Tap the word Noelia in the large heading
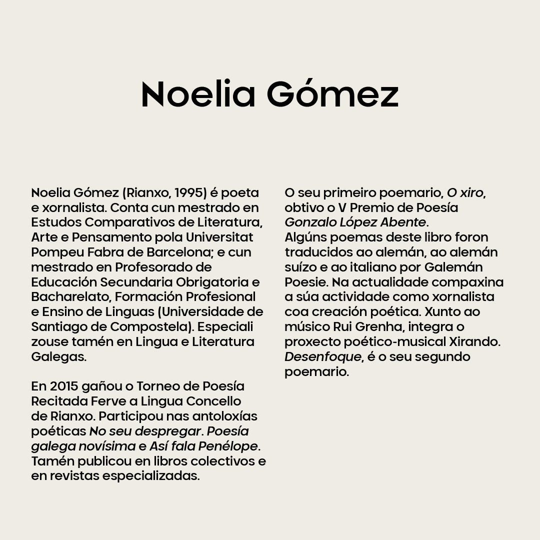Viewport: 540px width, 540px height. (198, 94)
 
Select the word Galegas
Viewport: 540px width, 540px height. (58, 357)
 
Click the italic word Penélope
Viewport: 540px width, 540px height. (228, 446)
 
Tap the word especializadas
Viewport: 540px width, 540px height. (151, 476)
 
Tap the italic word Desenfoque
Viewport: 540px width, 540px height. (322, 357)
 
